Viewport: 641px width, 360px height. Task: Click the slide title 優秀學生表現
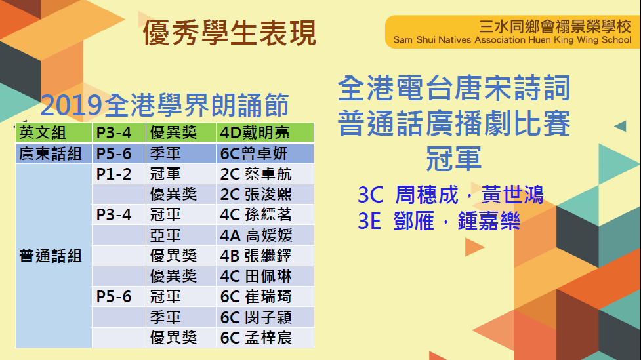click(230, 33)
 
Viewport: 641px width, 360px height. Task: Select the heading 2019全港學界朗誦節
click(165, 105)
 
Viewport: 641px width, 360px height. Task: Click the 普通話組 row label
click(51, 256)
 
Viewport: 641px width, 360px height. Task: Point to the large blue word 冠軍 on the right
click(454, 159)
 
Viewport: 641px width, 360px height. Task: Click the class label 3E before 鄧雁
click(369, 221)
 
